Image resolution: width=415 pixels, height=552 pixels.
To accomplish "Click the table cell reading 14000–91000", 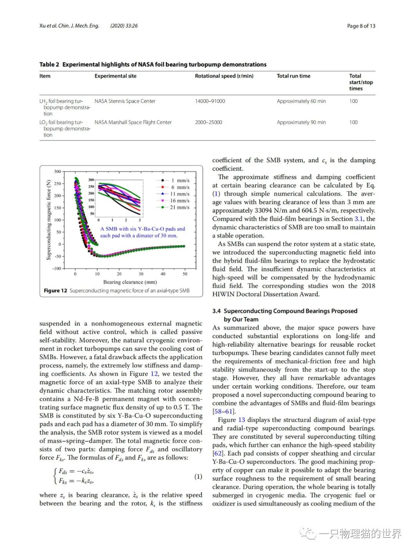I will pyautogui.click(x=210, y=101).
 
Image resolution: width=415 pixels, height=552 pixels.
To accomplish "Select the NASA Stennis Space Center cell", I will pyautogui.click(x=125, y=101).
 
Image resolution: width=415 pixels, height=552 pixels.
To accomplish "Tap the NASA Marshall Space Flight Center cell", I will pyautogui.click(x=133, y=122).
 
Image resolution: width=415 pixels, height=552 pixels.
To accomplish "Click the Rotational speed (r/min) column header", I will pyautogui.click(x=224, y=76).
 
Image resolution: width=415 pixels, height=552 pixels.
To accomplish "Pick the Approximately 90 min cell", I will pyautogui.click(x=301, y=122).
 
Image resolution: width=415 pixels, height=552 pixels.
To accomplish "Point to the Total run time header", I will pyautogui.click(x=293, y=76).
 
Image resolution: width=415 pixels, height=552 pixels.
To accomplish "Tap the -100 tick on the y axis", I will pyautogui.click(x=56, y=268).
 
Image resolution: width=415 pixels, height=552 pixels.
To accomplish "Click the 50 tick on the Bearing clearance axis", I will pyautogui.click(x=185, y=274).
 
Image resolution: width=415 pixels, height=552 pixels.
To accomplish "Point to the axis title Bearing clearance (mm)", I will pyautogui.click(x=130, y=282).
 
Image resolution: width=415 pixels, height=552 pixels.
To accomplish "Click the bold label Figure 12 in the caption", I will pyautogui.click(x=55, y=291).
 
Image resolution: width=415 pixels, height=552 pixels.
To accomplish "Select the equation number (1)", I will pyautogui.click(x=198, y=477).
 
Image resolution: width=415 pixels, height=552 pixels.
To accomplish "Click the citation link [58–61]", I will pyautogui.click(x=224, y=412).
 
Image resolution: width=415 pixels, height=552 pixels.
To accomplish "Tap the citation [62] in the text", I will pyautogui.click(x=218, y=454).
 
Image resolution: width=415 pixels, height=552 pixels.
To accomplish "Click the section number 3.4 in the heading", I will pyautogui.click(x=216, y=311).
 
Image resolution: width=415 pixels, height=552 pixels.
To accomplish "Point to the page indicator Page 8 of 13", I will pyautogui.click(x=361, y=26).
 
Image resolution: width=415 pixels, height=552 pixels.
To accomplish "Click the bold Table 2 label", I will pyautogui.click(x=49, y=65).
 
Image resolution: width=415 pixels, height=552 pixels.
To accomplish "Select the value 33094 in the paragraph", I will pyautogui.click(x=264, y=210).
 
